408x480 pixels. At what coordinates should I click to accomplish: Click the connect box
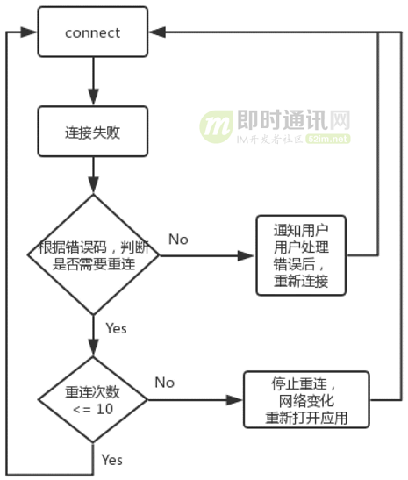(92, 33)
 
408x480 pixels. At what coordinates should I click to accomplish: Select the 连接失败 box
(92, 133)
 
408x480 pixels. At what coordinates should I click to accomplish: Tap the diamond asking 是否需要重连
(93, 255)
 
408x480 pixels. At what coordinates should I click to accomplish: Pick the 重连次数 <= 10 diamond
(93, 400)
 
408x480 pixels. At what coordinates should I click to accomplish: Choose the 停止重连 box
(306, 400)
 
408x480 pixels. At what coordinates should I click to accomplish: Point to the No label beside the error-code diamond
(178, 240)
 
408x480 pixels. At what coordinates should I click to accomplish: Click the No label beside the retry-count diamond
(164, 383)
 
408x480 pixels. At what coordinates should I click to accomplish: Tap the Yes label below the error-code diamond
(116, 328)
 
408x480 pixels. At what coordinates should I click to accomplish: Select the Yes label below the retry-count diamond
(111, 460)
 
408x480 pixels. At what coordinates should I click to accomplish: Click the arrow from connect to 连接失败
(93, 82)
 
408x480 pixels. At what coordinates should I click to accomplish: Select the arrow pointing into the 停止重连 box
(201, 400)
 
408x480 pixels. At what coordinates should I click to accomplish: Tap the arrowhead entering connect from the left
(31, 33)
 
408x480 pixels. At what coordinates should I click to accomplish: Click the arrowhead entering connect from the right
(154, 33)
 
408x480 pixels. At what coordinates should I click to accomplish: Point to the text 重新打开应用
(306, 419)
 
